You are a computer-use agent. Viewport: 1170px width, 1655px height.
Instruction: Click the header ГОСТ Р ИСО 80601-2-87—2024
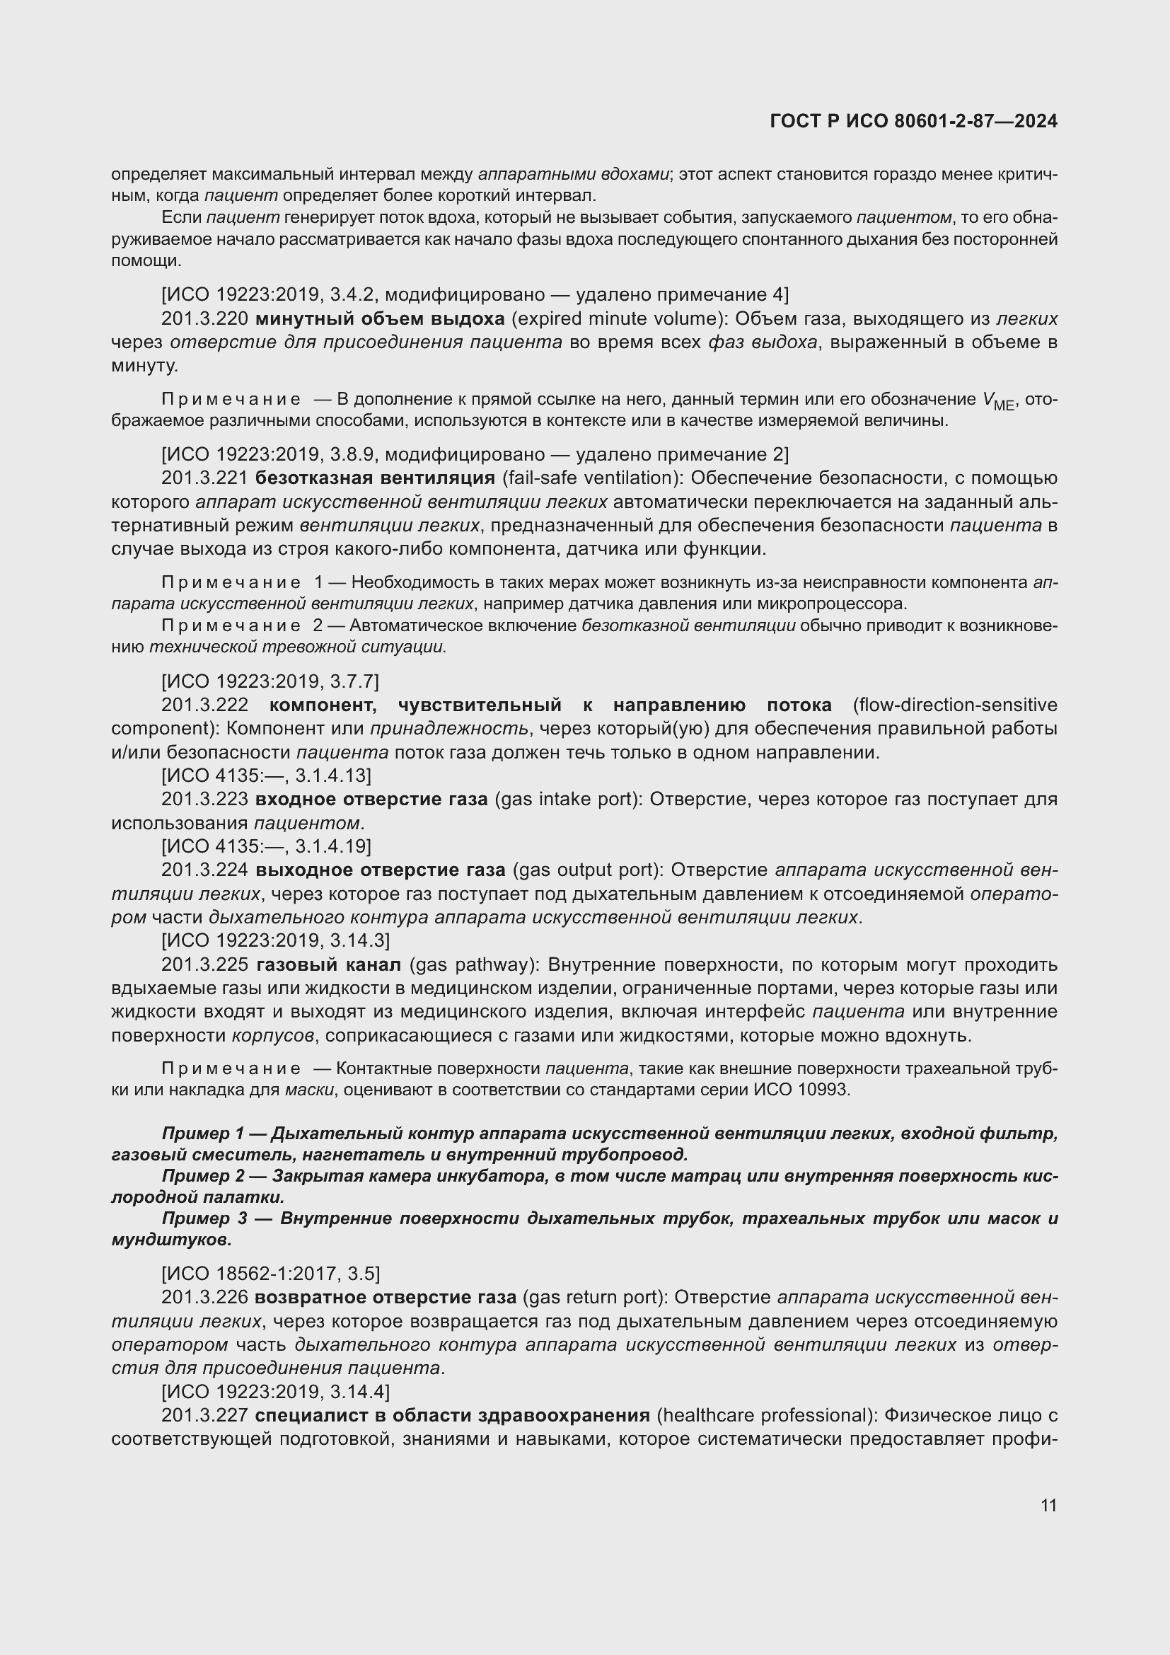click(x=913, y=122)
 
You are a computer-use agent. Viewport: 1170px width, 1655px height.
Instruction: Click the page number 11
click(x=1048, y=1505)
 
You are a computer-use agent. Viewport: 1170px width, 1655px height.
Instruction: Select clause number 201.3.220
click(x=204, y=318)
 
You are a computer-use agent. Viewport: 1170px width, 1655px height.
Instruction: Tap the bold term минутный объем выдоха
click(x=380, y=318)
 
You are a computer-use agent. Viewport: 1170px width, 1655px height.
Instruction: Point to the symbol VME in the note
click(x=999, y=400)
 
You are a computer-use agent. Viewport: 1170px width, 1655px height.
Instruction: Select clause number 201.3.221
click(x=204, y=478)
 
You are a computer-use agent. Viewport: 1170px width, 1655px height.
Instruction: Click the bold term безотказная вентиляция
click(x=375, y=478)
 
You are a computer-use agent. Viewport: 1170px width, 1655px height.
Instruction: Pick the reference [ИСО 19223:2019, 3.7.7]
click(x=270, y=681)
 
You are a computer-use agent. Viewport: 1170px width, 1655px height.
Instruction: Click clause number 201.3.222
click(x=204, y=705)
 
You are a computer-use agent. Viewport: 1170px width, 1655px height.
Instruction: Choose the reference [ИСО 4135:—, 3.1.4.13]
click(x=266, y=775)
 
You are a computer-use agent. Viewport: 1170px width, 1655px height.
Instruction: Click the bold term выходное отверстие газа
click(x=381, y=870)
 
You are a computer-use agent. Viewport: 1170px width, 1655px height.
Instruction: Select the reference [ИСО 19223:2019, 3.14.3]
click(x=275, y=940)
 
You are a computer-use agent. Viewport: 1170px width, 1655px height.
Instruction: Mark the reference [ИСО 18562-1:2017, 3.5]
click(x=270, y=1274)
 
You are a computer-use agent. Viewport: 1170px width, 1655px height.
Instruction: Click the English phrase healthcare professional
click(x=765, y=1416)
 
